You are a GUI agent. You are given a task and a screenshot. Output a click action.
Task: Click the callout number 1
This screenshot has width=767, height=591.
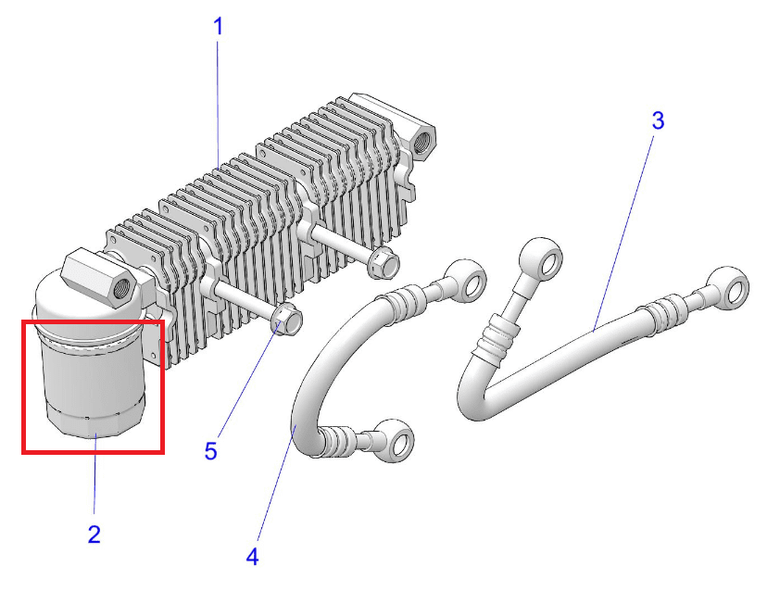219,26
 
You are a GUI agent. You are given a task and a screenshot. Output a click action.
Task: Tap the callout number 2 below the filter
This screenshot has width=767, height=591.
94,534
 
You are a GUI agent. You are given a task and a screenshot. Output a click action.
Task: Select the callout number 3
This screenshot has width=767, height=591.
658,120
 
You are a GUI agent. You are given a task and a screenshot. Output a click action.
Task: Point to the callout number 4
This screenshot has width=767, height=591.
253,556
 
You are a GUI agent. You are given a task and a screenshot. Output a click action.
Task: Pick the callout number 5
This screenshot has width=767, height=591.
211,451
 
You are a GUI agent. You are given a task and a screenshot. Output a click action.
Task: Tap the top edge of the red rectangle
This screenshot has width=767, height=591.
93,322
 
